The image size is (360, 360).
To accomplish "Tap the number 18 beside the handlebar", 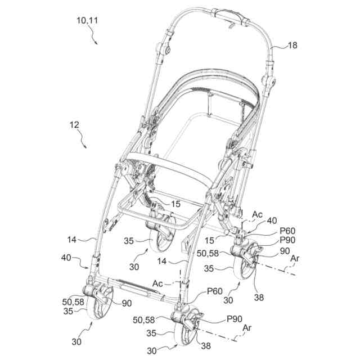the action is (x=292, y=45).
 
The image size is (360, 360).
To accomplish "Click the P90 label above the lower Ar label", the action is (x=235, y=319).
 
